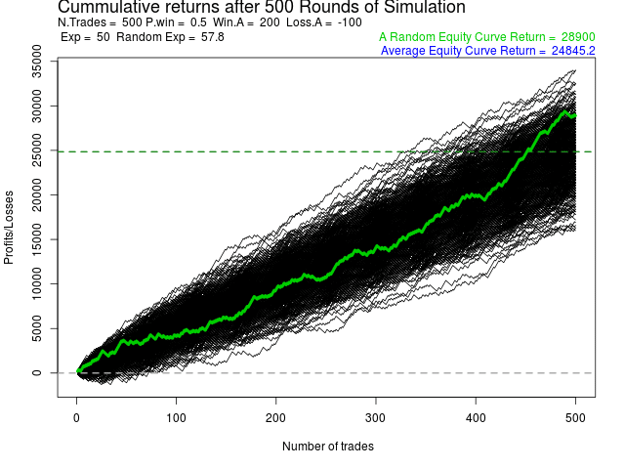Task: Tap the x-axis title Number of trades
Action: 328,447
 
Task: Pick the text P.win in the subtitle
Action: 162,21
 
